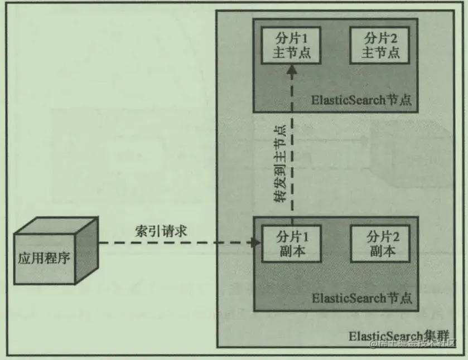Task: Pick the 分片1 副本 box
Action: pyautogui.click(x=290, y=244)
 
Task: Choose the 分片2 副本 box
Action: pyautogui.click(x=382, y=244)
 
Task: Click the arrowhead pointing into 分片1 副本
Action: pyautogui.click(x=257, y=242)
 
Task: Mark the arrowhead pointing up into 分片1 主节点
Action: pyautogui.click(x=290, y=70)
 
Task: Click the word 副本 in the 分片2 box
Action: pyautogui.click(x=382, y=251)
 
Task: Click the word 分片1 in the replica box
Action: pyautogui.click(x=290, y=237)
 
